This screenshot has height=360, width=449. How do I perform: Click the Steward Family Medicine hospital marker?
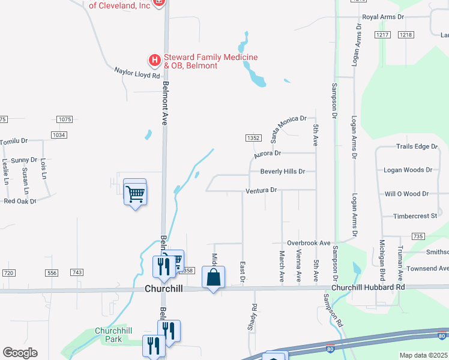click(154, 60)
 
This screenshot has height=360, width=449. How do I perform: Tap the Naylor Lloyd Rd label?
click(137, 73)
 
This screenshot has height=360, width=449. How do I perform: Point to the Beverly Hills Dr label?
click(283, 172)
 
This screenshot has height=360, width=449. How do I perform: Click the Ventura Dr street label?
click(261, 191)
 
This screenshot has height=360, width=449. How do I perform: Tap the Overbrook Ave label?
click(309, 243)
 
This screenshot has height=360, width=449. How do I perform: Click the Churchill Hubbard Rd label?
click(377, 287)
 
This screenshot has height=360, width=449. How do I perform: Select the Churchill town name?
click(164, 289)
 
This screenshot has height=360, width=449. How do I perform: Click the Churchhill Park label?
click(108, 335)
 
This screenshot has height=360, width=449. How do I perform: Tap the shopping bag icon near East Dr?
click(213, 278)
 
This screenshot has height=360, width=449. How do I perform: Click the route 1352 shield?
click(253, 138)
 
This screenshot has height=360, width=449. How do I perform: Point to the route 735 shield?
click(419, 236)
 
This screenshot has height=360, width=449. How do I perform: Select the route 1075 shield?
click(65, 119)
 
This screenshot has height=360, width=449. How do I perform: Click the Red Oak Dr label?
click(20, 201)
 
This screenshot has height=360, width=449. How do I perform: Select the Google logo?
click(20, 352)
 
